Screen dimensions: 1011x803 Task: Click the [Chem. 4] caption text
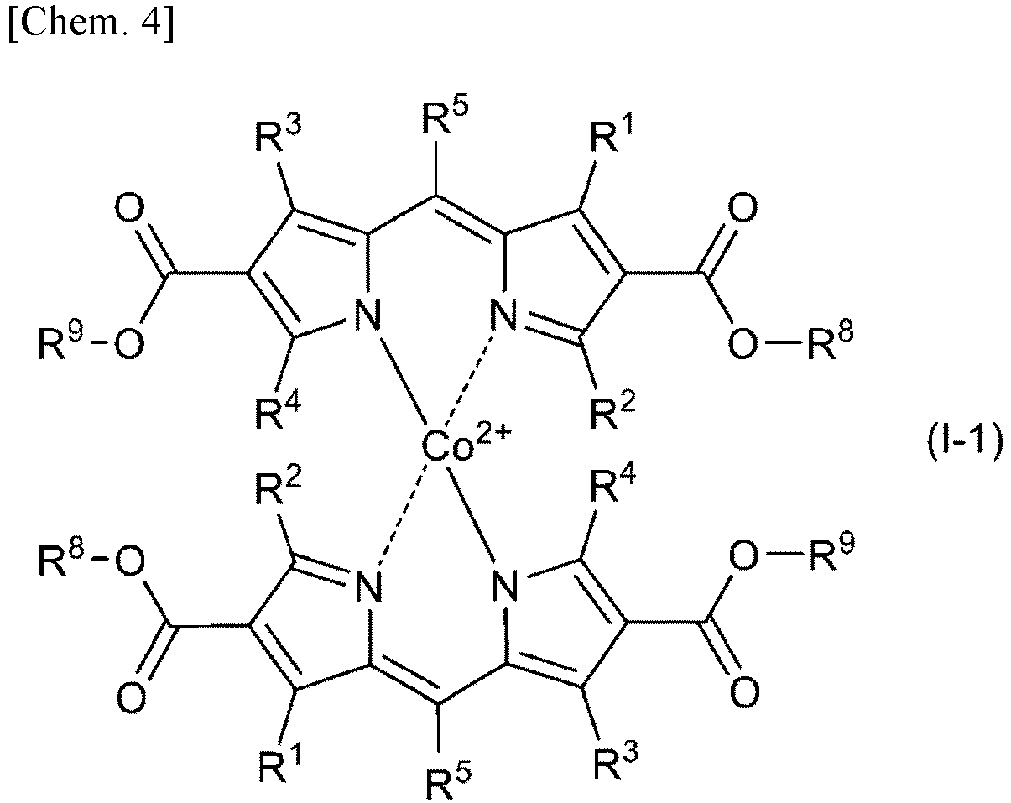pyautogui.click(x=91, y=23)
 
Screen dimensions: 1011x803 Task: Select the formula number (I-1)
pyautogui.click(x=966, y=444)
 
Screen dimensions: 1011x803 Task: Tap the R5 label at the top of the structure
pyautogui.click(x=445, y=117)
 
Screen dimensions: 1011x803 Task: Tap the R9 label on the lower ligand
pyautogui.click(x=831, y=553)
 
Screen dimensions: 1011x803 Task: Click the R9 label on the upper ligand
pyautogui.click(x=61, y=341)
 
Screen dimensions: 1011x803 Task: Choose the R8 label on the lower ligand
pyautogui.click(x=61, y=559)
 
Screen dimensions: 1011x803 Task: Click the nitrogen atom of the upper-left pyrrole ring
pyautogui.click(x=367, y=315)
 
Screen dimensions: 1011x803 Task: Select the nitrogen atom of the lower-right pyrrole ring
pyautogui.click(x=504, y=586)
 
